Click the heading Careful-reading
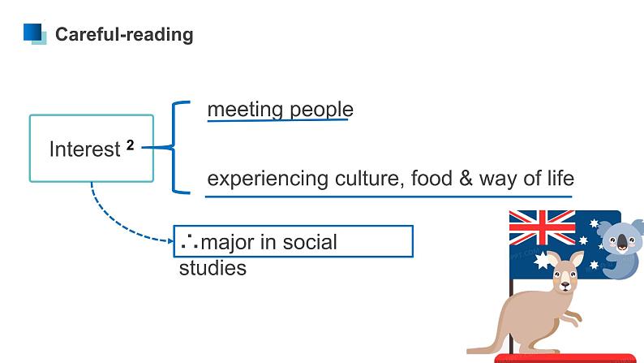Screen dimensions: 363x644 click(123, 34)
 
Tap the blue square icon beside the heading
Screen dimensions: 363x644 click(35, 33)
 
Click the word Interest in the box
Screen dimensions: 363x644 click(84, 149)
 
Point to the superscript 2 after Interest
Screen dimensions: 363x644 click(130, 145)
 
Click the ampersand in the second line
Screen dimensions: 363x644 click(465, 179)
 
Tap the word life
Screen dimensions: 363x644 click(559, 179)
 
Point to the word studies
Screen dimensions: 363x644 click(213, 268)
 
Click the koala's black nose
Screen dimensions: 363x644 click(622, 241)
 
